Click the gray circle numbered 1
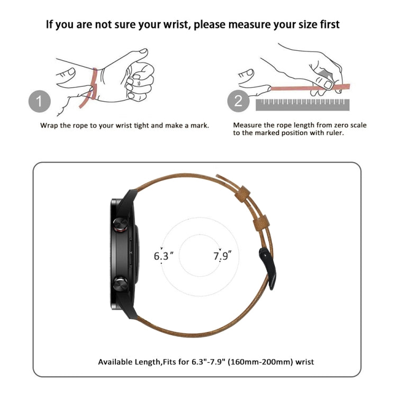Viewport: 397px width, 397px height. (x=40, y=101)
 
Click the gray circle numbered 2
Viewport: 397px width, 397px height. (x=238, y=101)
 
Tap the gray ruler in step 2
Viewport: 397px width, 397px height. (x=302, y=105)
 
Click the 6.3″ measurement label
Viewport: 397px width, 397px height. (x=164, y=256)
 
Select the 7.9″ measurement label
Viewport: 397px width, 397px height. (x=222, y=256)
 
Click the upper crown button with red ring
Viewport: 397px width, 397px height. (x=121, y=225)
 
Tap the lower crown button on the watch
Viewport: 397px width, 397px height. (x=120, y=284)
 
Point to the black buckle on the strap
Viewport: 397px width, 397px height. (x=268, y=268)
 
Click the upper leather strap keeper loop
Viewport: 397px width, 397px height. (x=242, y=194)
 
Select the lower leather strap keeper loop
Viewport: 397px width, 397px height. (x=261, y=223)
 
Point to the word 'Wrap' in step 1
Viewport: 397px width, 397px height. (x=49, y=126)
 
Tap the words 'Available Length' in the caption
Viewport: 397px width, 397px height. (x=129, y=362)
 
